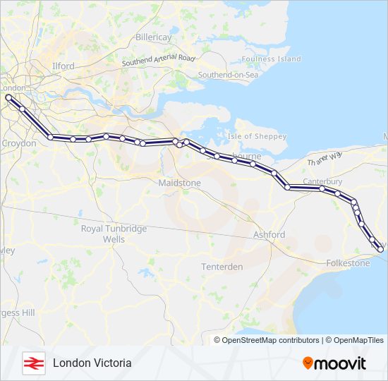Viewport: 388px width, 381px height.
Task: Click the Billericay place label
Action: pos(154,37)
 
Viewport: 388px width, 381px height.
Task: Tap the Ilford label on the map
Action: pos(63,66)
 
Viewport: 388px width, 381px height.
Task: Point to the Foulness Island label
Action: pos(271,59)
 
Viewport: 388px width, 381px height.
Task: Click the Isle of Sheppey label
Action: pos(256,136)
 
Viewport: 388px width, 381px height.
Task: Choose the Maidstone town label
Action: pos(180,183)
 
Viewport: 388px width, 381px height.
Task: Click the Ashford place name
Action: pos(269,234)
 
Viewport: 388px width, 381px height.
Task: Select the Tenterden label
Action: pos(222,267)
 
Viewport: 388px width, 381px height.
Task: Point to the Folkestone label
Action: pos(348,263)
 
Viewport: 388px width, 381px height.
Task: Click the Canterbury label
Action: pos(322,181)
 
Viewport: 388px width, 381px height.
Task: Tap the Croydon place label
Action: pos(19,143)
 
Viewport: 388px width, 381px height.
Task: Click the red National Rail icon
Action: pos(33,363)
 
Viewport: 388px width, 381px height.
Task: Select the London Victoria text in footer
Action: pos(92,363)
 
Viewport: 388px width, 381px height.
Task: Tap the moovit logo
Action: pos(334,363)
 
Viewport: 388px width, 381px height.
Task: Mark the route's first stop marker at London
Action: pos(8,97)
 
